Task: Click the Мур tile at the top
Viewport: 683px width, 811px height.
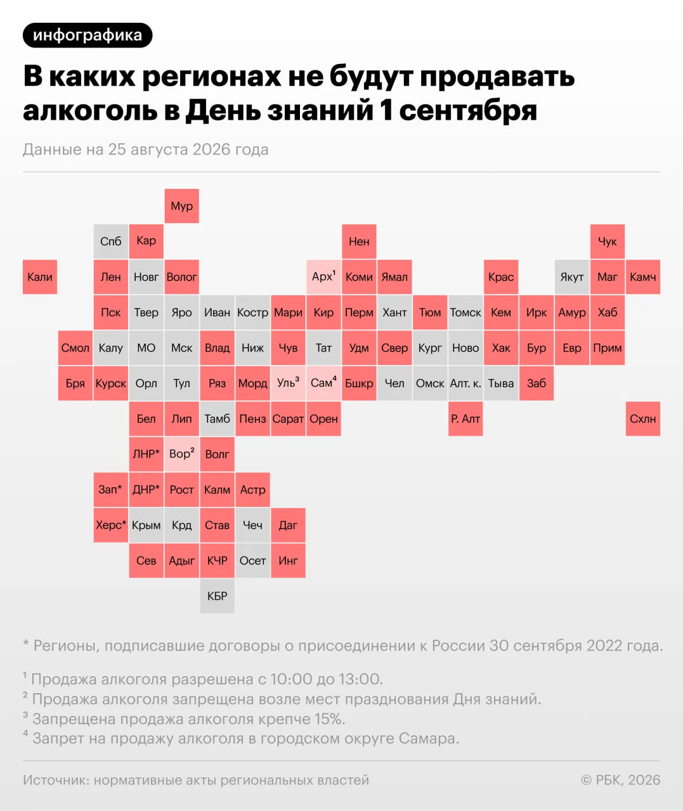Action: click(x=181, y=206)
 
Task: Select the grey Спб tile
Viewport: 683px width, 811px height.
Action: click(x=111, y=241)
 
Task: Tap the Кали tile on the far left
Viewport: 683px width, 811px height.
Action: click(x=40, y=277)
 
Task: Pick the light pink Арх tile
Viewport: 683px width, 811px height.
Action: click(x=323, y=277)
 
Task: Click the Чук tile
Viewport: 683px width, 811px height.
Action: click(x=607, y=241)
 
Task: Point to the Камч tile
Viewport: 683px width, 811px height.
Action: click(x=643, y=277)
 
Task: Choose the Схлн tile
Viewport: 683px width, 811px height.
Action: click(x=643, y=419)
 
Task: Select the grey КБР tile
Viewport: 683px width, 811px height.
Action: click(x=218, y=596)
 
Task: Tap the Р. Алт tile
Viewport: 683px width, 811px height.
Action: click(x=465, y=419)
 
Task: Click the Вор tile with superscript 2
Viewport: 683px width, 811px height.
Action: click(x=181, y=454)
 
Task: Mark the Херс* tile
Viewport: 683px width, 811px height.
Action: click(x=111, y=525)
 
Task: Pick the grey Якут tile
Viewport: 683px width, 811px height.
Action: click(x=572, y=277)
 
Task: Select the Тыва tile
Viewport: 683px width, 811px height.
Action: click(x=501, y=383)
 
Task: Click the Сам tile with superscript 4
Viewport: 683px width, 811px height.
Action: click(x=323, y=383)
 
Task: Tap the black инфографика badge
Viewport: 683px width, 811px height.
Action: click(x=88, y=35)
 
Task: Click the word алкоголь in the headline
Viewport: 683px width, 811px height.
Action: click(x=90, y=110)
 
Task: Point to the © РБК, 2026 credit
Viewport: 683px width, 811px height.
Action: click(x=621, y=780)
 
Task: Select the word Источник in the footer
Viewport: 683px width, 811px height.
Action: click(x=56, y=780)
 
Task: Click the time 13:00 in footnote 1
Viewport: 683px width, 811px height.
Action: click(x=360, y=679)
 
